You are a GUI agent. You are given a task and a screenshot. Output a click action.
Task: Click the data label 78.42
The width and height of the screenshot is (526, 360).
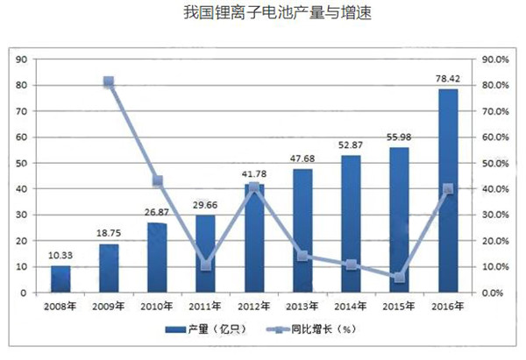pyautogui.click(x=447, y=78)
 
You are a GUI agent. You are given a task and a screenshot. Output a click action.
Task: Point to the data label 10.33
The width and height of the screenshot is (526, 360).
pyautogui.click(x=60, y=254)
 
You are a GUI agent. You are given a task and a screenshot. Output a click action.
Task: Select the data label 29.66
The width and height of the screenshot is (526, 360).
pyautogui.click(x=205, y=204)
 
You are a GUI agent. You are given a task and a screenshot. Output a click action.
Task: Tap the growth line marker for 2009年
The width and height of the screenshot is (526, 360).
pyautogui.click(x=109, y=82)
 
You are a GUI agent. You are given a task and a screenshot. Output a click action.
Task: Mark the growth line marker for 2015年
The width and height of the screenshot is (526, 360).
pyautogui.click(x=399, y=278)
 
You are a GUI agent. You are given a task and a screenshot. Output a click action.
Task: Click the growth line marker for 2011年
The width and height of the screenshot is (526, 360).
pyautogui.click(x=205, y=265)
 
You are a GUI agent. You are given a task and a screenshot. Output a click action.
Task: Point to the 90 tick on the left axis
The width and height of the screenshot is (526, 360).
pyautogui.click(x=23, y=60)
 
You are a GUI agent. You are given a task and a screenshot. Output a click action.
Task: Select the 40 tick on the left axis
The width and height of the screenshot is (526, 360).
pyautogui.click(x=23, y=189)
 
